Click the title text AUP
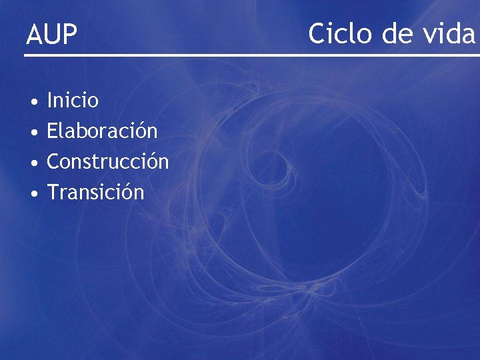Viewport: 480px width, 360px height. pos(51,35)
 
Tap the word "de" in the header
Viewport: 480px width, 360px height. pos(393,33)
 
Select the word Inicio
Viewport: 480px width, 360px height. pos(73,101)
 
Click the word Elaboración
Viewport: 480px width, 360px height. pos(102,131)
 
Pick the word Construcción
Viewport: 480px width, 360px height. pos(107,161)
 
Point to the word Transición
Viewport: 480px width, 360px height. pos(95,192)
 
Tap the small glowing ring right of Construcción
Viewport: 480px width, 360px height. pos(273,166)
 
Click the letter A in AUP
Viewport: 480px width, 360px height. pos(34,35)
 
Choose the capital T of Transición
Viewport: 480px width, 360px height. pos(53,192)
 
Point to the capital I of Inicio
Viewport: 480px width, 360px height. pos(50,101)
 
